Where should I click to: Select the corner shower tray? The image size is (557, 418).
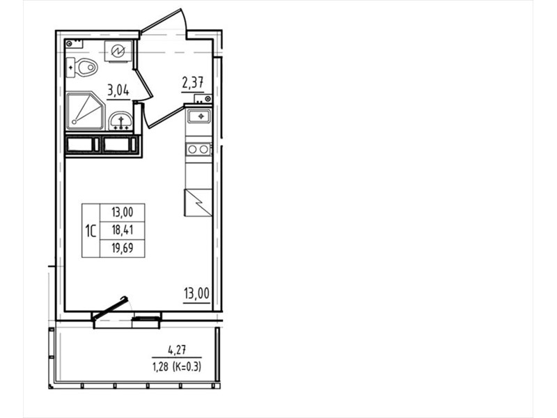[x=85, y=111]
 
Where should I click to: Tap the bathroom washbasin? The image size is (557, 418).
[x=120, y=121]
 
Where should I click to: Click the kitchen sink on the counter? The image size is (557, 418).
[x=199, y=116]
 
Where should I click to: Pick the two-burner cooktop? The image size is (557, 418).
[x=198, y=149]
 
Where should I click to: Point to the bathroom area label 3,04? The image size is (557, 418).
[x=118, y=91]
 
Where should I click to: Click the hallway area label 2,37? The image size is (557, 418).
[x=193, y=83]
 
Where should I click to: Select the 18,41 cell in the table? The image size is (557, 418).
[x=123, y=230]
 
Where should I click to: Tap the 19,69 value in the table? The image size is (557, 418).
[x=123, y=248]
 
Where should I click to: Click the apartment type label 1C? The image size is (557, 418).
[x=91, y=231]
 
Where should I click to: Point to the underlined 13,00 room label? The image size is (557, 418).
[x=196, y=294]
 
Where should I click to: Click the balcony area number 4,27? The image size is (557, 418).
[x=177, y=350]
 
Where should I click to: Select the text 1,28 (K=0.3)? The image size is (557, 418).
[x=177, y=366]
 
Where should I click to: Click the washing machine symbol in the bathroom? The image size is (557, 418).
[x=118, y=52]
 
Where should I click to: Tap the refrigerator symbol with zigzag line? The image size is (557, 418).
[x=198, y=203]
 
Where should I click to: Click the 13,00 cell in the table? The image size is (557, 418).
[x=123, y=212]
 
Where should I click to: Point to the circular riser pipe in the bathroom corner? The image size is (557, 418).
[x=69, y=44]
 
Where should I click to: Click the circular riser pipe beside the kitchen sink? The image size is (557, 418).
[x=207, y=98]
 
